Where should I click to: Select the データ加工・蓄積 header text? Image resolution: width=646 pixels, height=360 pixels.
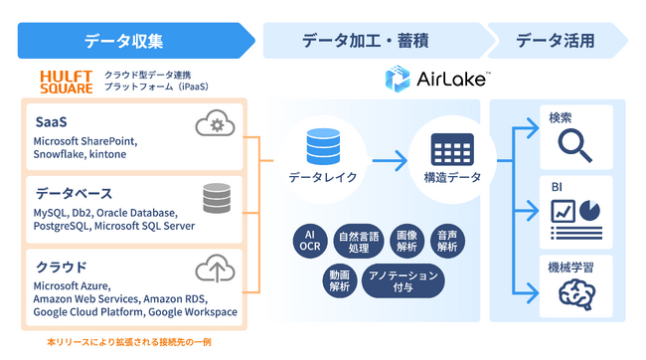(x=372, y=41)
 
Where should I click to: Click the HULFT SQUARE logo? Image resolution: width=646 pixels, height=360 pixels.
(x=66, y=82)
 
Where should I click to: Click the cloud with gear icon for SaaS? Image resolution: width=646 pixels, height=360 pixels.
(x=215, y=125)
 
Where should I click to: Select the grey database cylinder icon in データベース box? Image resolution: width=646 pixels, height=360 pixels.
(x=215, y=198)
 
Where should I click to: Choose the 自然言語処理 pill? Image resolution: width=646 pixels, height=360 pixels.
(x=359, y=240)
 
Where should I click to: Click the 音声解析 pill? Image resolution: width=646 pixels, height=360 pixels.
(x=448, y=240)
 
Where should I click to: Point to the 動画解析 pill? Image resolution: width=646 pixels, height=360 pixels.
(x=339, y=279)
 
